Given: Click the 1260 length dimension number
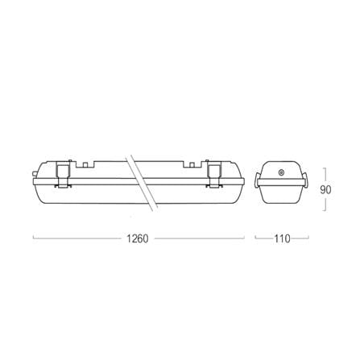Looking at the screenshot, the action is (137, 238).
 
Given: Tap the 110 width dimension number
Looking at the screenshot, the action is (282, 238).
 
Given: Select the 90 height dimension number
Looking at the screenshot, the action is (325, 190).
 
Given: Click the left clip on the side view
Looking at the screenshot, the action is (64, 174).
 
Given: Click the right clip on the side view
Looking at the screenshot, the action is (214, 174).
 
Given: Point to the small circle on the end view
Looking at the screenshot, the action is (282, 172).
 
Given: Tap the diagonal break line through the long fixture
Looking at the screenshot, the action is (142, 183).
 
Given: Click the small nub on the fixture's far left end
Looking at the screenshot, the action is (34, 174).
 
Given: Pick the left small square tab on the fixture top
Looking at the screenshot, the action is (85, 165).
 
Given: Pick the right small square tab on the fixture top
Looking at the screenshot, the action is (192, 165).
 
